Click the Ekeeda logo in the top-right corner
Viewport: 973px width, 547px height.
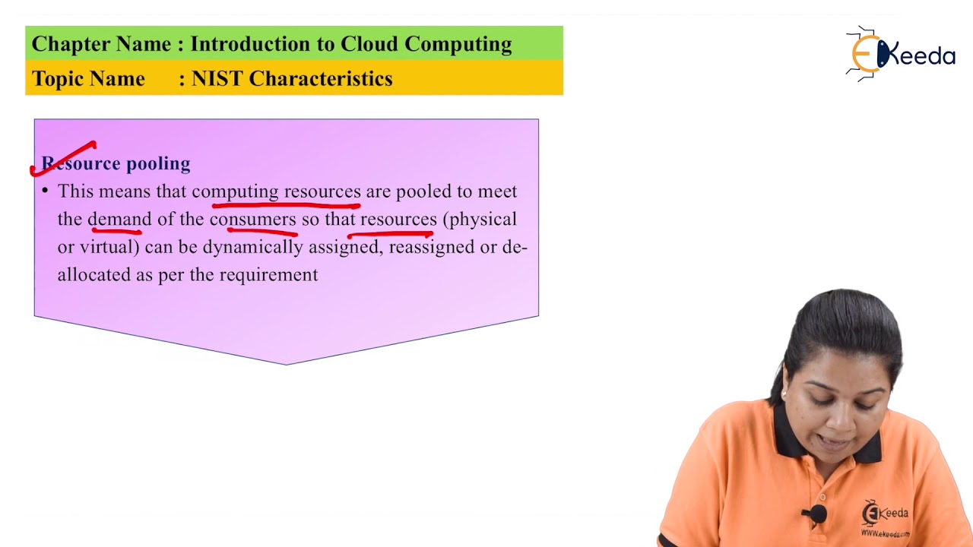coord(901,54)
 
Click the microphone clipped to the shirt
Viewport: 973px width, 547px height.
coord(816,514)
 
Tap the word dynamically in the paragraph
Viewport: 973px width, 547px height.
coord(252,247)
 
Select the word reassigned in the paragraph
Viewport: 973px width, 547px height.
coord(431,247)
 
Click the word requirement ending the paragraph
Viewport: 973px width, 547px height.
coord(268,275)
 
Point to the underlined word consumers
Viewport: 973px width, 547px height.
coord(252,220)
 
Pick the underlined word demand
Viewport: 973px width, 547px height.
coord(119,220)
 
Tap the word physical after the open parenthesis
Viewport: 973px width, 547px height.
coord(483,220)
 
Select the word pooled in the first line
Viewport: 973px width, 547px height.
coord(423,191)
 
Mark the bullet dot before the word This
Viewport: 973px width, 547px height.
coord(45,190)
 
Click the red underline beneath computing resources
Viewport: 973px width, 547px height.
coord(286,204)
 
